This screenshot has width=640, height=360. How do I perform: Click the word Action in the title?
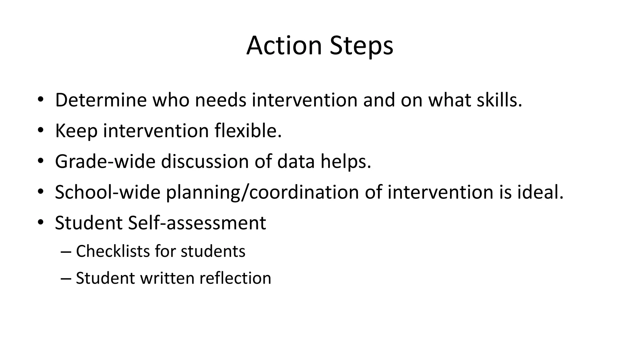pos(284,46)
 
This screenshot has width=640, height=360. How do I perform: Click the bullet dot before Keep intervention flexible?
pos(40,131)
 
